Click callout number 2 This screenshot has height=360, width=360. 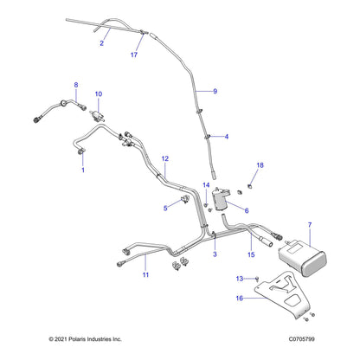(101, 43)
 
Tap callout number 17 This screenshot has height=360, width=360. (134, 55)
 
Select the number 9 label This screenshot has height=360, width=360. (215, 92)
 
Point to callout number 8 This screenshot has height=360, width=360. (76, 85)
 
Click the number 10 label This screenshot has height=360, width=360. (99, 94)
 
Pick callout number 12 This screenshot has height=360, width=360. (164, 158)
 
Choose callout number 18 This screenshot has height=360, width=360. (260, 165)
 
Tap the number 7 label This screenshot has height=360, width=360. (310, 225)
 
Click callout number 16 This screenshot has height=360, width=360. (240, 299)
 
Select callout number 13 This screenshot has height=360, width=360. (240, 279)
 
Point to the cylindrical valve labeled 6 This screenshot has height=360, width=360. (221, 199)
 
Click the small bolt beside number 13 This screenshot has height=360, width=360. (257, 279)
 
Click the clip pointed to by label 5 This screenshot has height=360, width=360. (184, 199)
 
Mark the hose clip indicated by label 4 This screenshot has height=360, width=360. (208, 137)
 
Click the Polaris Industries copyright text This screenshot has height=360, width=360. (85, 339)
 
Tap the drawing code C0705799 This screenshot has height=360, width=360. (302, 339)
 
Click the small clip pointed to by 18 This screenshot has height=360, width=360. (250, 186)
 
